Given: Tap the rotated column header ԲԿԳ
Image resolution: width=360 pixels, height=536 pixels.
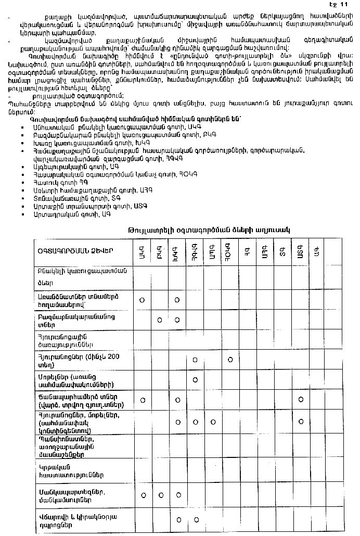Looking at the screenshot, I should pos(160,252).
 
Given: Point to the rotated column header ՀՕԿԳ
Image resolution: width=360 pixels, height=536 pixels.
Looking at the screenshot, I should pos(229,252).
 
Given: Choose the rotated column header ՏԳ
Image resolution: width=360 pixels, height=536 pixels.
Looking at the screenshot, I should pos(282,252).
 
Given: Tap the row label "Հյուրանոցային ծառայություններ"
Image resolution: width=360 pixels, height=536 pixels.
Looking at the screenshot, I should pos(66,340).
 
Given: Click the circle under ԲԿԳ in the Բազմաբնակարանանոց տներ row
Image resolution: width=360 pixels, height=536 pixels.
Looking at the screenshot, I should pos(160,319).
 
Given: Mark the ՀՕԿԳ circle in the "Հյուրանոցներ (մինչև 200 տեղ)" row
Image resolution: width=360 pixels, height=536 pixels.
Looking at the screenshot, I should pos(229,360).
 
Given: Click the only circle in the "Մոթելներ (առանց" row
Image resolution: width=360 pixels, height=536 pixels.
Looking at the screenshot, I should pos(195,379).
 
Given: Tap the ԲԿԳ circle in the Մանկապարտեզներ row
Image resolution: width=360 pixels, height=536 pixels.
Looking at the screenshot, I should pos(160,494).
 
